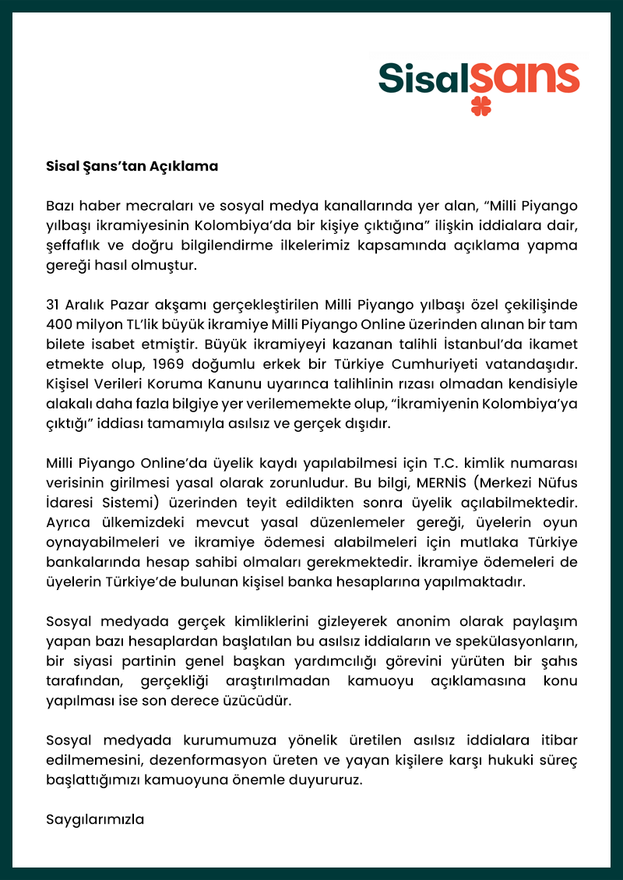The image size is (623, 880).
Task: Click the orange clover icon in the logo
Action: coord(481,105)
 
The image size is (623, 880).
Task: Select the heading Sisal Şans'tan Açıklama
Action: coord(132,166)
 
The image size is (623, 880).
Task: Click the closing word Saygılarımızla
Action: coord(96,819)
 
